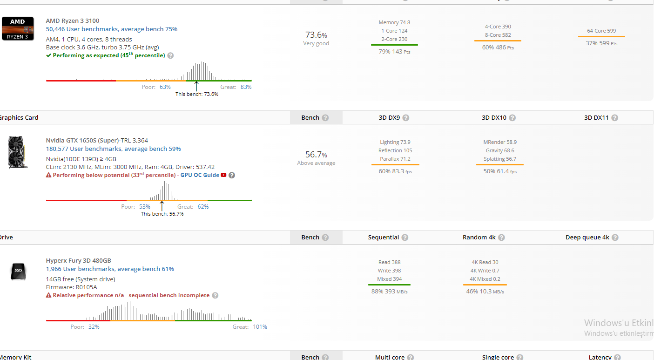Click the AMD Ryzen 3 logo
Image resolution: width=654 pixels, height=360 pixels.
[18, 28]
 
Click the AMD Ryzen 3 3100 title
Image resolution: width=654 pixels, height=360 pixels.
[72, 20]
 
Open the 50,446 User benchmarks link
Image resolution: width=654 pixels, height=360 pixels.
[111, 29]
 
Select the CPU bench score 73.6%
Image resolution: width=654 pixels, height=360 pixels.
[316, 35]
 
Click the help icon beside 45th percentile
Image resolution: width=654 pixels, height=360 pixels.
[170, 55]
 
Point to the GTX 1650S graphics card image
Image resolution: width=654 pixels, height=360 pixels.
[18, 152]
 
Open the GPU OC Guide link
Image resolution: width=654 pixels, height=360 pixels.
[200, 175]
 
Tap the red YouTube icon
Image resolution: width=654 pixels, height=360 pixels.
[223, 175]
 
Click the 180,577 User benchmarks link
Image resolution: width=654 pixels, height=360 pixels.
[113, 149]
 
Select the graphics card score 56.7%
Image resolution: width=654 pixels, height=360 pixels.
[316, 155]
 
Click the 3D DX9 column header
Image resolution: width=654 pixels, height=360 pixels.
[389, 118]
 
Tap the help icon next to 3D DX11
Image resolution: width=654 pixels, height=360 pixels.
[614, 118]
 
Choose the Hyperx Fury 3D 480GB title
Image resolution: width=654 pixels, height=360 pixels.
[78, 260]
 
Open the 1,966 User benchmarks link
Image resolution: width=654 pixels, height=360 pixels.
[109, 269]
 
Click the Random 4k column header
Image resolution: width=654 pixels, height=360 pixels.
[479, 238]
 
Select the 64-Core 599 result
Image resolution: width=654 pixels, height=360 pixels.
[601, 31]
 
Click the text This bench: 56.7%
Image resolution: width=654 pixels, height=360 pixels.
[162, 214]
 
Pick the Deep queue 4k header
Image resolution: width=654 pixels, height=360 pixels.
[587, 238]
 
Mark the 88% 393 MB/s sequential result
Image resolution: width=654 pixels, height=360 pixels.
[390, 292]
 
